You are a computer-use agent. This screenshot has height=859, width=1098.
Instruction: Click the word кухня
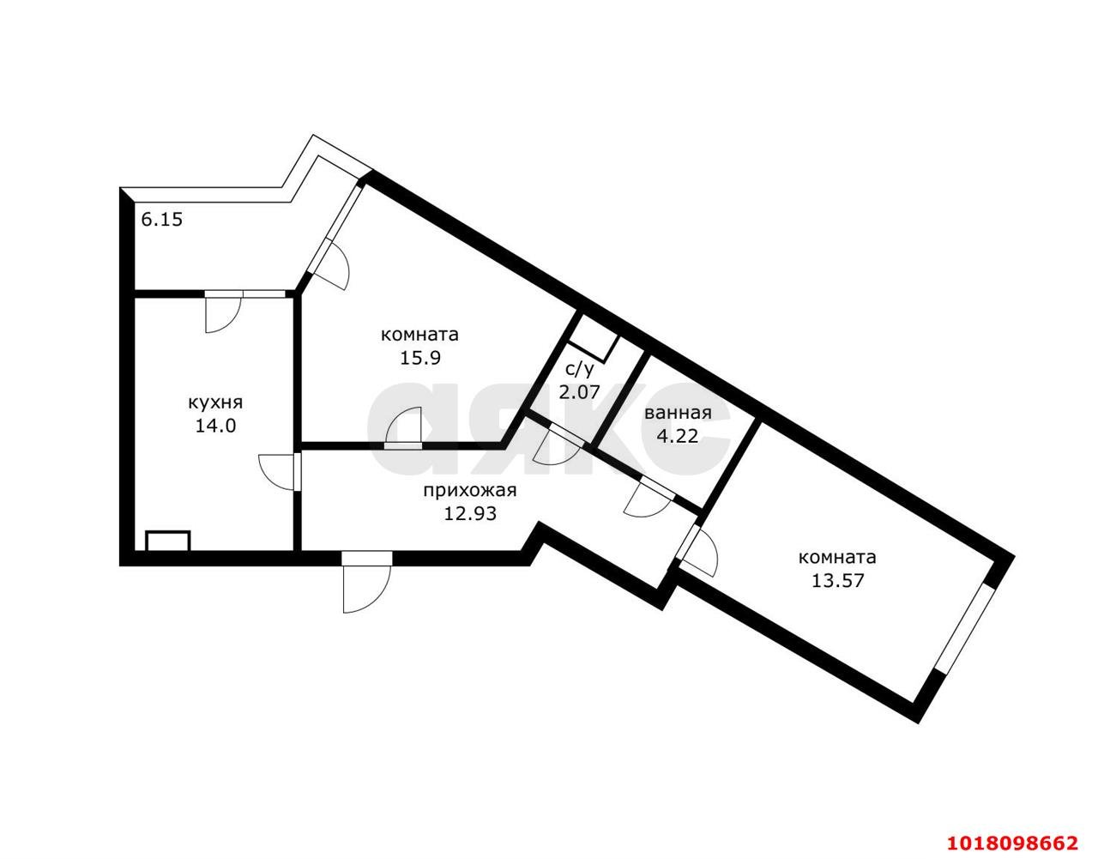click(215, 402)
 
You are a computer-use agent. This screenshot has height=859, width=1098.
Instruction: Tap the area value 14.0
click(216, 426)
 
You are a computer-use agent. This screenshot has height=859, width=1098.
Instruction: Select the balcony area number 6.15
click(161, 220)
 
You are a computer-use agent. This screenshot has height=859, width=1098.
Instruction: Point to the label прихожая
click(470, 490)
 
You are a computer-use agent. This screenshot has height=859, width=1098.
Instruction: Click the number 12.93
click(470, 513)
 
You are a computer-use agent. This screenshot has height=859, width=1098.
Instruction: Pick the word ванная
click(679, 413)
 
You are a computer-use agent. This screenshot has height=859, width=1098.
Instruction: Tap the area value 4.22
click(678, 435)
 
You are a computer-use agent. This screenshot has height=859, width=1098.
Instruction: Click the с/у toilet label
click(579, 370)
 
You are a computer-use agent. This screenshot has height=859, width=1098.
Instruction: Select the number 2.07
click(579, 392)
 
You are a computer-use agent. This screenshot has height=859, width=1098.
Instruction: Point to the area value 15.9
click(420, 358)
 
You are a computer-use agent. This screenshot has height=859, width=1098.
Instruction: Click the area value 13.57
click(838, 580)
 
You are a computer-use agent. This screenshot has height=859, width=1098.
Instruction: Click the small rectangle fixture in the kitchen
click(168, 541)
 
